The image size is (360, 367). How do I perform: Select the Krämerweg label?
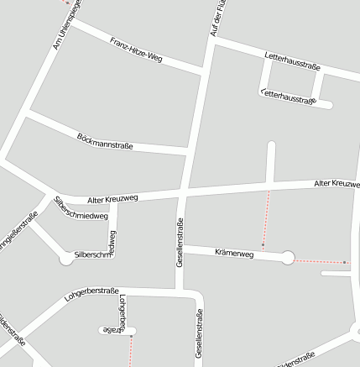pyautogui.click(x=234, y=252)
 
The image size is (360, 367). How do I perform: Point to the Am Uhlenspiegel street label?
pyautogui.click(x=66, y=24)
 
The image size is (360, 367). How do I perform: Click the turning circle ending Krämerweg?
pyautogui.click(x=288, y=258)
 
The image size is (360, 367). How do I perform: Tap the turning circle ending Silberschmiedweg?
pyautogui.click(x=66, y=259)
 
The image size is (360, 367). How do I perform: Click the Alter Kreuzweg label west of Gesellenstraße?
pyautogui.click(x=112, y=198)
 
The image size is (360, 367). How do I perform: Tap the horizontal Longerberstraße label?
pyautogui.click(x=92, y=294)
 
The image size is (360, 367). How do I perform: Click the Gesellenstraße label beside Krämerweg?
pyautogui.click(x=180, y=243)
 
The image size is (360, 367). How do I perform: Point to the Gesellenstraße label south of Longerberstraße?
pyautogui.click(x=200, y=335)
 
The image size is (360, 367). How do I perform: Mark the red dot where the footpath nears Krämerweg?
pyautogui.click(x=263, y=245)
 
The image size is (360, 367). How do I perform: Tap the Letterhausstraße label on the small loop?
pyautogui.click(x=288, y=98)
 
